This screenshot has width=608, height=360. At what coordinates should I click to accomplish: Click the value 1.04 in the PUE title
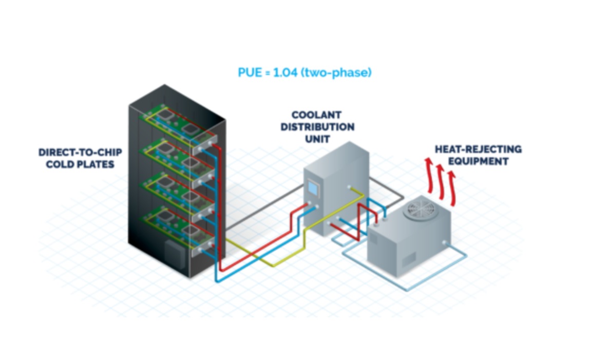click(x=285, y=72)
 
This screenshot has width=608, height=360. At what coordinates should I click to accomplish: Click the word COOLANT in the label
click(x=316, y=115)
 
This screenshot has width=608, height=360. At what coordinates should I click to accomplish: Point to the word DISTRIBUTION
click(x=317, y=127)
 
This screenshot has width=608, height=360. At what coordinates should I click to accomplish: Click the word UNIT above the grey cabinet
click(x=317, y=139)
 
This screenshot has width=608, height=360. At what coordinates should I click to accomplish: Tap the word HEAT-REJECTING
click(x=478, y=149)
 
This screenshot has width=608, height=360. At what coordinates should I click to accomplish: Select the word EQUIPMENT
click(x=478, y=161)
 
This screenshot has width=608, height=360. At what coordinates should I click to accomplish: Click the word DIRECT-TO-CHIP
click(x=80, y=153)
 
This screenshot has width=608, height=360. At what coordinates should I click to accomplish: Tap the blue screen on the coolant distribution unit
click(x=313, y=188)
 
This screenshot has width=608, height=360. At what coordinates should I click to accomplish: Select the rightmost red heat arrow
click(x=452, y=188)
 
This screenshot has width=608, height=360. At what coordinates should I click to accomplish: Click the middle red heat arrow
click(x=441, y=182)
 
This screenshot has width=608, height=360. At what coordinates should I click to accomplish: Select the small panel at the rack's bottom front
click(x=175, y=254)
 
